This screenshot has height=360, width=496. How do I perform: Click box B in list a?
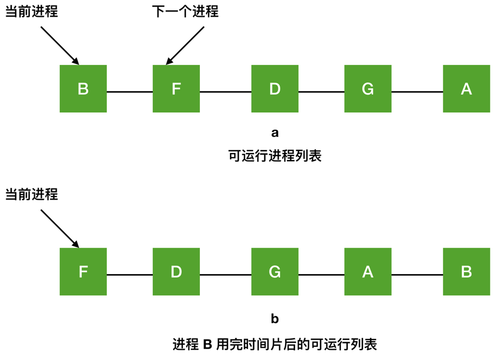[83, 89]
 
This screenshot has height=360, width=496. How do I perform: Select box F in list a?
[176, 89]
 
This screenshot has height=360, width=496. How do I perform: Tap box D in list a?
[275, 89]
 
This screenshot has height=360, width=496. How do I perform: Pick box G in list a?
[368, 89]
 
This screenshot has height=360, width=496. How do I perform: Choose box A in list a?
[466, 89]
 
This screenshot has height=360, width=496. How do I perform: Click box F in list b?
[83, 272]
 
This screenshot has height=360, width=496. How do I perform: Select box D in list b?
[176, 272]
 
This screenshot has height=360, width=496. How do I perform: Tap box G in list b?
[275, 272]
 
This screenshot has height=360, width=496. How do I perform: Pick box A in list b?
[368, 272]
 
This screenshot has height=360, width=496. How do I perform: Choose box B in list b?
[466, 272]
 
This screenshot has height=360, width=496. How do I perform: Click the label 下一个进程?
[185, 11]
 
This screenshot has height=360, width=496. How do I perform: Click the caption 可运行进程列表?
[275, 155]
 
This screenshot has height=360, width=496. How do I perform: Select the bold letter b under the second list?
[275, 320]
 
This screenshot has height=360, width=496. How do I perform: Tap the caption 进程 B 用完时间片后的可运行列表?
[275, 344]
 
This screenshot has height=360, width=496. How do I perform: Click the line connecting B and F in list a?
[129, 92]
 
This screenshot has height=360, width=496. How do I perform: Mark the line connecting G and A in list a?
[417, 92]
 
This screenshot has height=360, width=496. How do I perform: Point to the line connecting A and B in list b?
[417, 275]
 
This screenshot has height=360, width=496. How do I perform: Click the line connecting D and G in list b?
[225, 275]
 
